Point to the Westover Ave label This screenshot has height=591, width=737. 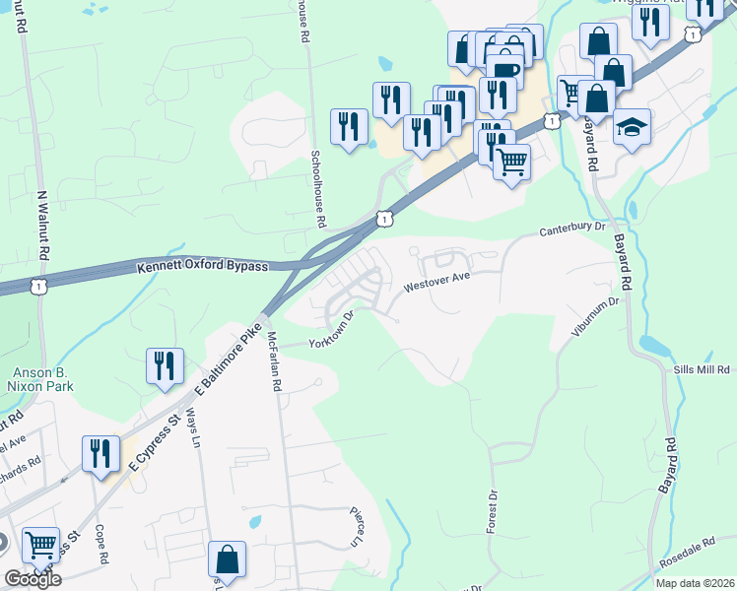coord(436,284)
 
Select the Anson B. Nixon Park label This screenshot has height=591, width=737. coord(42,379)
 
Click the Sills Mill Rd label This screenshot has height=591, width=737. coord(701,370)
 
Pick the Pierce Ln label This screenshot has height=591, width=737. coord(358,527)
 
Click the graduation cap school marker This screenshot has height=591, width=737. coord(632,128)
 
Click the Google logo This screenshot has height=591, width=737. coord(33,580)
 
